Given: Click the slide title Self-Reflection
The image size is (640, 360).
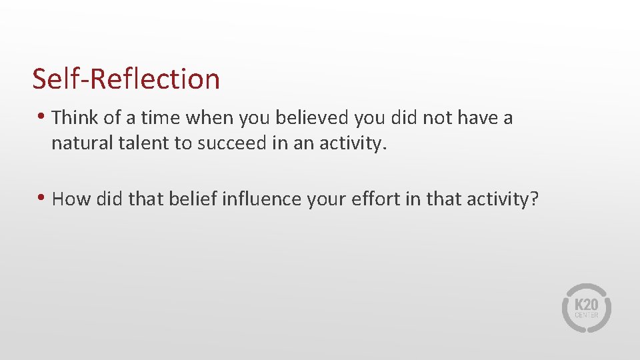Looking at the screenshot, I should coord(126,79).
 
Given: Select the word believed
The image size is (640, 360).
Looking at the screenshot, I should coord(311,118).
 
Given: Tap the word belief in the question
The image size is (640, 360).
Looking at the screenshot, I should coord(181,199).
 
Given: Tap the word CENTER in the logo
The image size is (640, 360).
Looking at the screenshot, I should coord(587,315).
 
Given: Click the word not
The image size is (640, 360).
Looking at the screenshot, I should coord(425,118).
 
